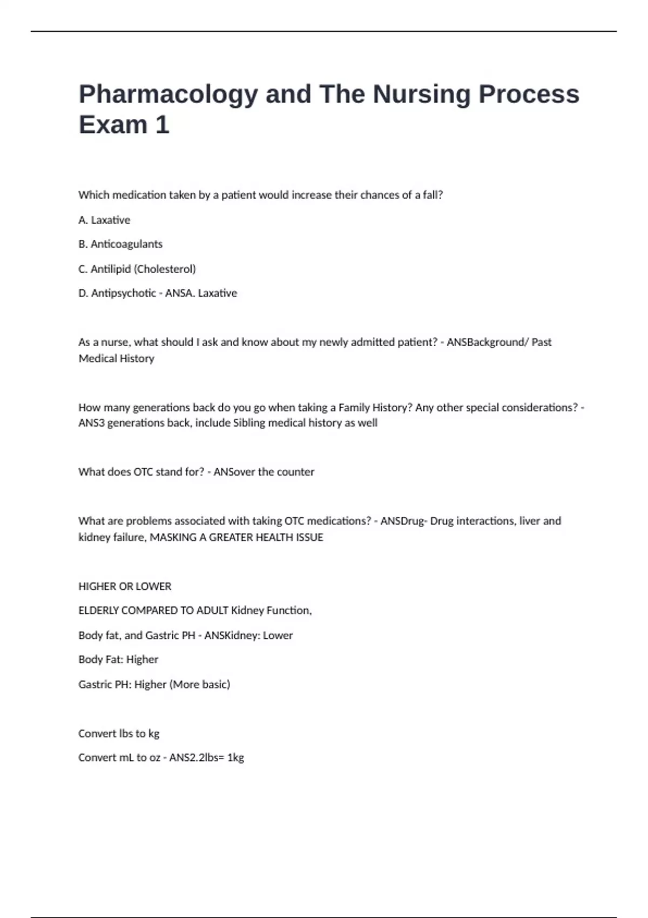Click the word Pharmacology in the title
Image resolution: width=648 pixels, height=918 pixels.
coord(168,94)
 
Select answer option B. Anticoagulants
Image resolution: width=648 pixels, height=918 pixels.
coord(120,244)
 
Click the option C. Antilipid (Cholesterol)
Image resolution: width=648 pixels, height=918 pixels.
coord(137,269)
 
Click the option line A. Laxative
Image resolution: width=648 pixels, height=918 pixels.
coord(104,220)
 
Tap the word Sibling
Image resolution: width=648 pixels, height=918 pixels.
coord(249,423)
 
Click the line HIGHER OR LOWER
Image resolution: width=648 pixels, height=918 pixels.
coord(125,586)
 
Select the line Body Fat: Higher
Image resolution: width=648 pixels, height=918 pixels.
coord(118,659)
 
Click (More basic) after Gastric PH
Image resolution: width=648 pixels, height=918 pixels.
coord(200,684)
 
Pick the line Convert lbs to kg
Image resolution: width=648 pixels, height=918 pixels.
coord(119,733)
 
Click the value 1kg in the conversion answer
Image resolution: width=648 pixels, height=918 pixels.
coord(235,758)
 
